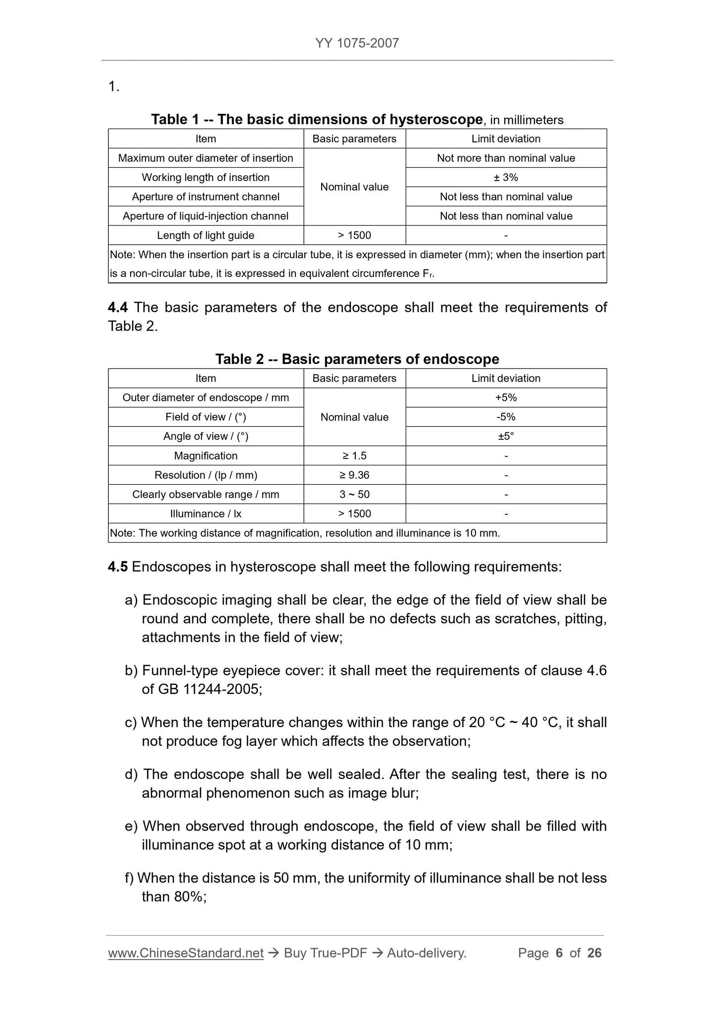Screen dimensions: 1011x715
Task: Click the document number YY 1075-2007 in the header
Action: [357, 43]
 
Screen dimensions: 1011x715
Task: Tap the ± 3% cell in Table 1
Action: [506, 177]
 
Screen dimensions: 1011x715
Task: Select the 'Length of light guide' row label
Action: [205, 235]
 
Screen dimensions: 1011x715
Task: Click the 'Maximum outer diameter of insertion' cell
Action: [205, 158]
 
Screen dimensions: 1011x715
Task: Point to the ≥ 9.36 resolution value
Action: [354, 475]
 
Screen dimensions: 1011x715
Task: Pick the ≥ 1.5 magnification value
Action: [354, 456]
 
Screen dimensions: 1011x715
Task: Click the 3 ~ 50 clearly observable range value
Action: [354, 495]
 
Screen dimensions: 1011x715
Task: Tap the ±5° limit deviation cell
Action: [506, 436]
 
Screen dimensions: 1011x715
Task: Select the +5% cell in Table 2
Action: [506, 398]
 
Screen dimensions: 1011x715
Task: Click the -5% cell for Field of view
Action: [506, 417]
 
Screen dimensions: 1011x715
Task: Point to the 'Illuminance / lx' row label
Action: [205, 514]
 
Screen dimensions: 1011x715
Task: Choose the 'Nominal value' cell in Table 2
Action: [354, 417]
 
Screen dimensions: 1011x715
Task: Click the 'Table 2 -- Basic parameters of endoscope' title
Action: [357, 359]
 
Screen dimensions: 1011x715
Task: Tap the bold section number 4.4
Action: [118, 308]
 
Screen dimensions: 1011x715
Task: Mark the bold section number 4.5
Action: [118, 567]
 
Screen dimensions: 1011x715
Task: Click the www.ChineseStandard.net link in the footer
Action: [186, 953]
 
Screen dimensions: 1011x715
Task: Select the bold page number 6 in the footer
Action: [559, 953]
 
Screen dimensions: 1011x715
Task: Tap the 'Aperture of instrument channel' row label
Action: [205, 197]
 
